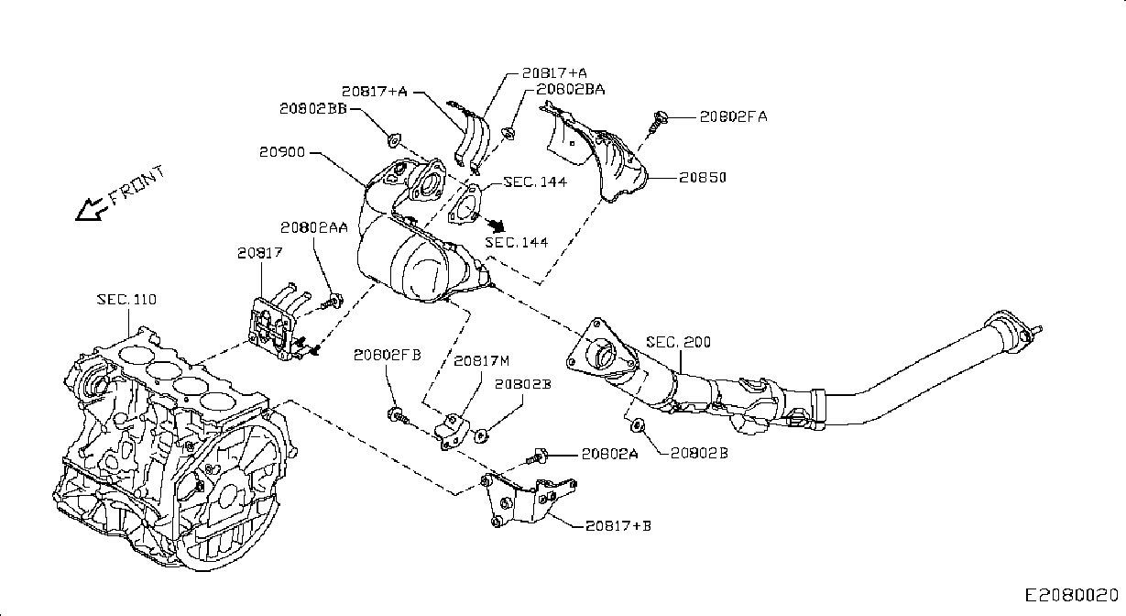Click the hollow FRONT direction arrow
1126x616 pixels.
click(92, 210)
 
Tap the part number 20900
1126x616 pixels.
click(282, 152)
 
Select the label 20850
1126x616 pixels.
click(702, 178)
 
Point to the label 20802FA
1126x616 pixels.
click(733, 116)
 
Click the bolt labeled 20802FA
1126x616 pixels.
click(658, 122)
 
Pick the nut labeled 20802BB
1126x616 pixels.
click(394, 139)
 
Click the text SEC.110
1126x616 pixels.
click(126, 299)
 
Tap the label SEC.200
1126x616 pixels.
click(678, 343)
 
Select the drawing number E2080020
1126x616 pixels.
click(1072, 596)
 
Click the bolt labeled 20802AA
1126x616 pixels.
click(333, 302)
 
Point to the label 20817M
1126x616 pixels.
click(482, 361)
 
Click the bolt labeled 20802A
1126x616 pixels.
click(536, 457)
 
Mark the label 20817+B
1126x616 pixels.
click(618, 526)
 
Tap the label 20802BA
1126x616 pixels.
click(571, 90)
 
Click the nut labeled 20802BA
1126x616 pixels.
click(508, 133)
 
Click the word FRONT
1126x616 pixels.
click(137, 185)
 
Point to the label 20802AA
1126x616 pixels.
click(313, 228)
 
